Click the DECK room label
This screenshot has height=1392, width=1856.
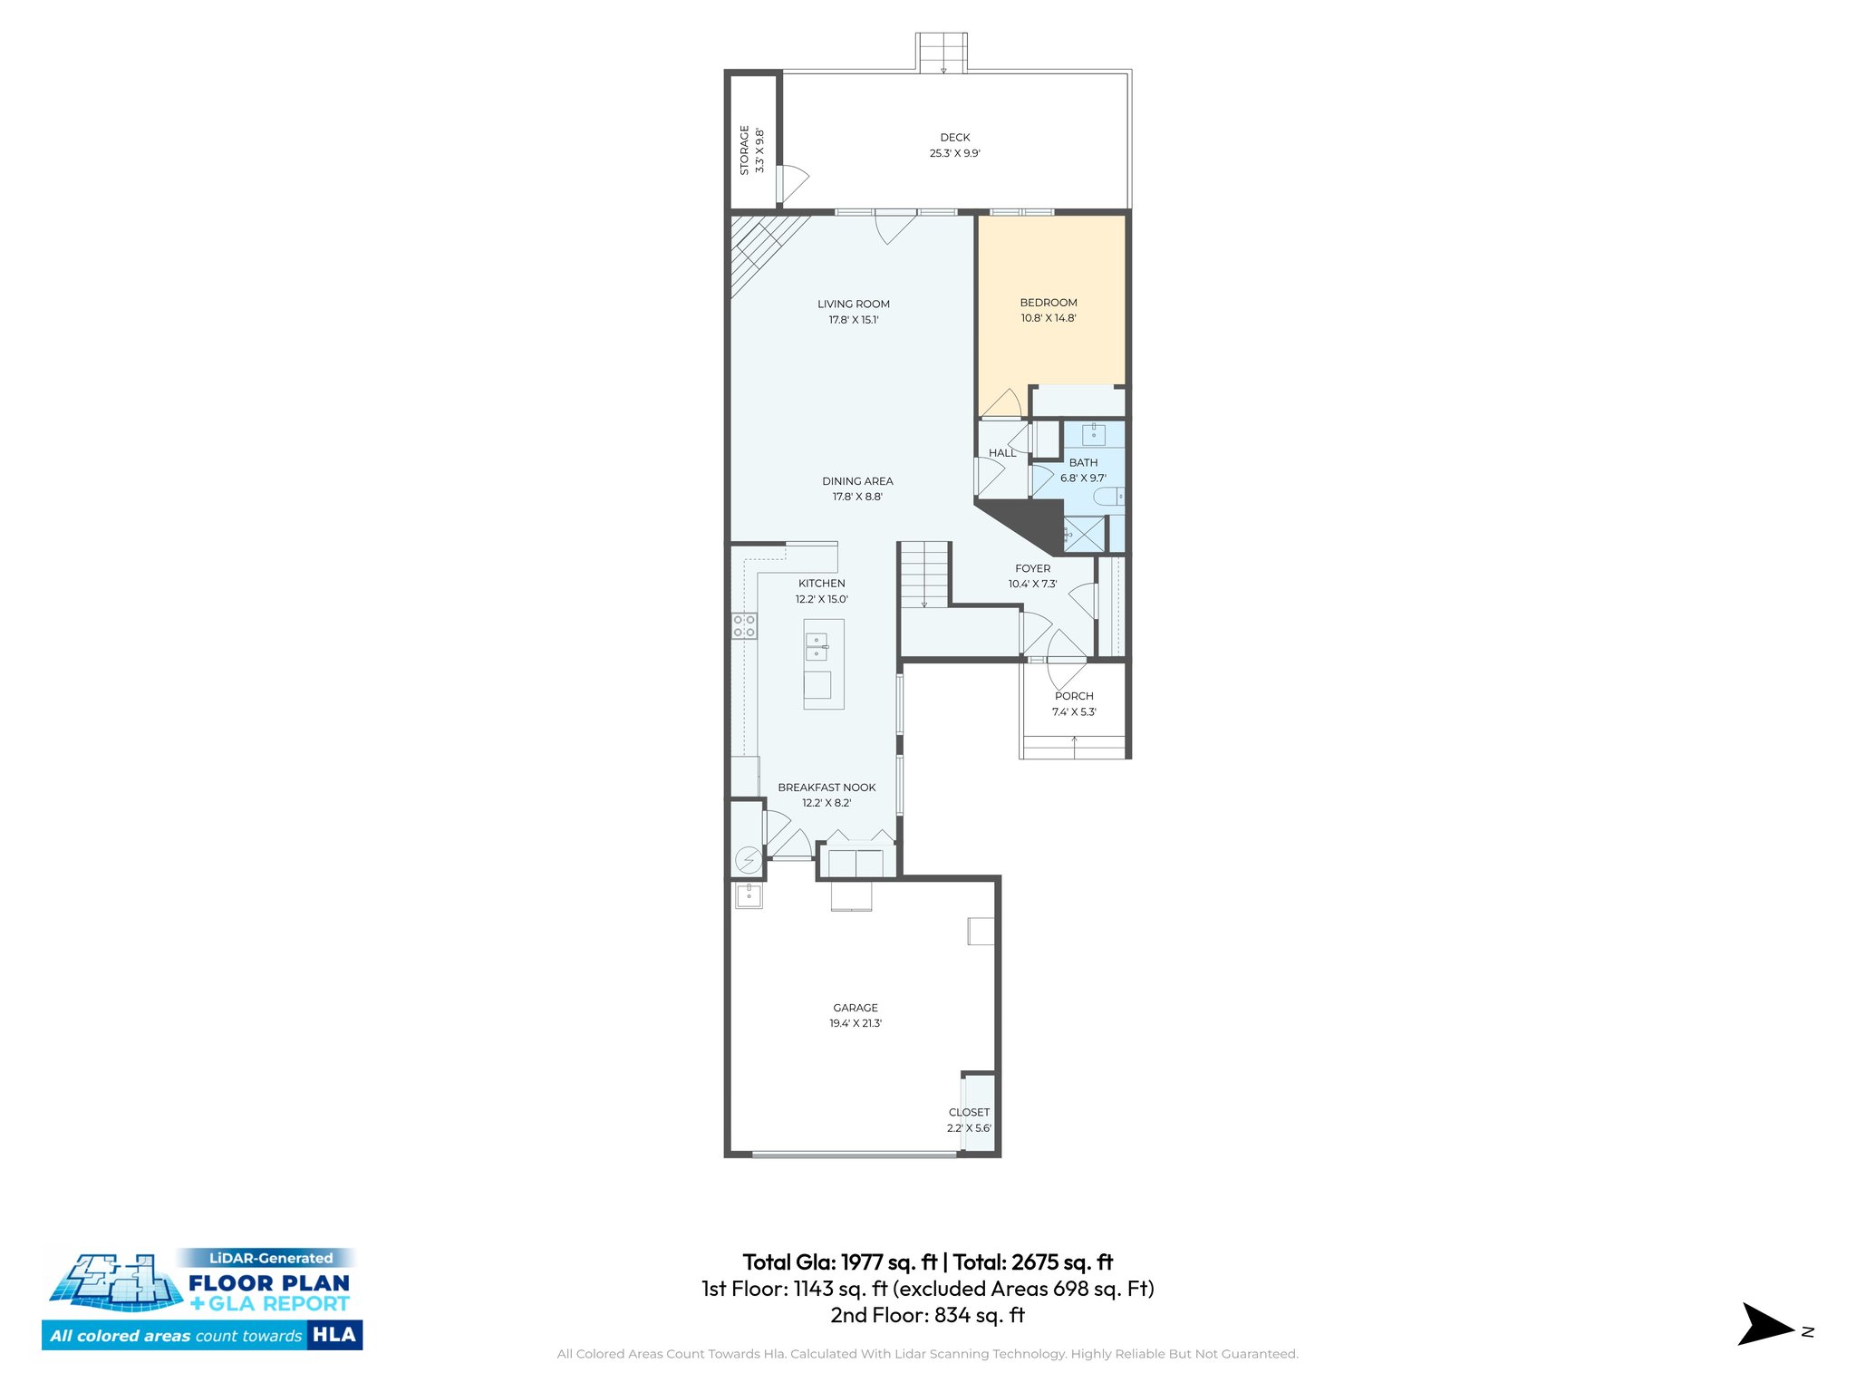click(954, 138)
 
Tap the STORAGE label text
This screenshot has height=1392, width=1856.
click(745, 150)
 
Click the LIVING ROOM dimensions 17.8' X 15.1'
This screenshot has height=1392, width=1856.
click(853, 320)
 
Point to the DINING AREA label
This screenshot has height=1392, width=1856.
click(857, 481)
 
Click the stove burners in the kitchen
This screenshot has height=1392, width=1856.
click(744, 626)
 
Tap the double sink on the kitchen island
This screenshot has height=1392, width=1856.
click(817, 646)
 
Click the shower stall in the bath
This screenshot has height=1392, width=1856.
click(1085, 534)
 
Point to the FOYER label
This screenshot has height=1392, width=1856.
click(1032, 568)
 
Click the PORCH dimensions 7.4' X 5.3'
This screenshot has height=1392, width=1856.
click(1074, 712)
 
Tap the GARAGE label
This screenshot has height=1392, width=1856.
click(855, 1008)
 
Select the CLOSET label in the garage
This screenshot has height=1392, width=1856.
click(969, 1112)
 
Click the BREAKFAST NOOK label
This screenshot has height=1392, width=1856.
click(826, 788)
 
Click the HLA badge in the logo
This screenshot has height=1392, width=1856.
click(334, 1335)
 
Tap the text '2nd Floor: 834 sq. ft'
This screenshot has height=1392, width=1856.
click(927, 1315)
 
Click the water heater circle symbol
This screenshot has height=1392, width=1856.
click(749, 859)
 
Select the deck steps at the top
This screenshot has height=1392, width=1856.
click(942, 53)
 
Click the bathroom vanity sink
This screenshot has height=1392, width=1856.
click(1094, 435)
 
